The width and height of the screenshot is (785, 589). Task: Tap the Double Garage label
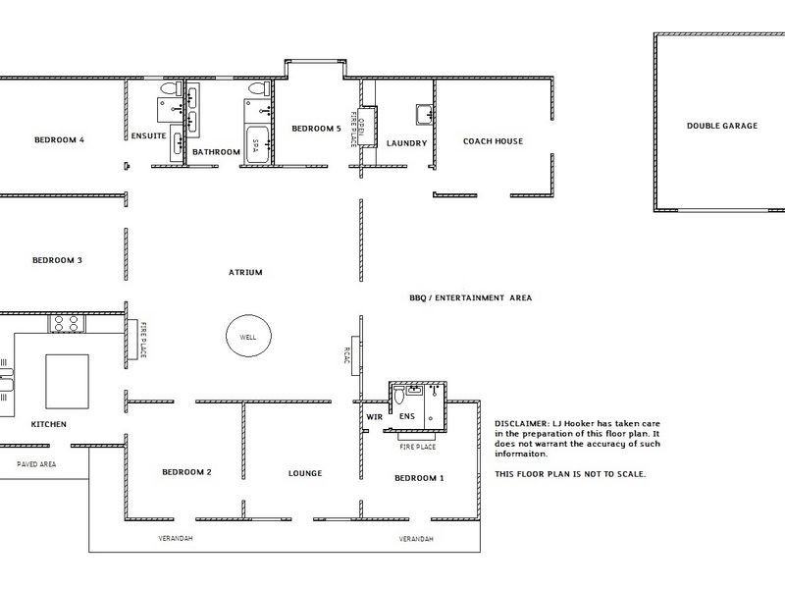(x=722, y=126)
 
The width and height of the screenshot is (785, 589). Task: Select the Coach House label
(x=493, y=141)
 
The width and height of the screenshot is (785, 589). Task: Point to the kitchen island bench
(x=67, y=382)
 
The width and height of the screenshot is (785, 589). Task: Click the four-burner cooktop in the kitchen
(x=67, y=324)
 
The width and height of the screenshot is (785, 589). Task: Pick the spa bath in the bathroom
(x=256, y=144)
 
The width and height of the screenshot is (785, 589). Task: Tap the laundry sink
(x=425, y=115)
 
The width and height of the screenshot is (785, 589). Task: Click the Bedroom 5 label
(x=316, y=129)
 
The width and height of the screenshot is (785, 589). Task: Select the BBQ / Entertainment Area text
(x=471, y=298)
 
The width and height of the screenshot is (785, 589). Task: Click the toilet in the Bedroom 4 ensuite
(x=171, y=89)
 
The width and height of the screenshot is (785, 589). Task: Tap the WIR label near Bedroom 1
(x=374, y=416)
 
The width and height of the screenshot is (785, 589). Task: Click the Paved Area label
(x=36, y=464)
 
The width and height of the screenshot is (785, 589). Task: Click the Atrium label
(x=245, y=273)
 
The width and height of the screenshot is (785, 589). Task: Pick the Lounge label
(x=305, y=473)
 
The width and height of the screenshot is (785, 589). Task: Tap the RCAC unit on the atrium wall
(x=355, y=355)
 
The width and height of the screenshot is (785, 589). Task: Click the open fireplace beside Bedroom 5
(x=367, y=127)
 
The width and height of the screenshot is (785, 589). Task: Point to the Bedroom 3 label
(x=57, y=260)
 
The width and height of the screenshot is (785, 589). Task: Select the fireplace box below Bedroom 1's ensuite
(x=417, y=437)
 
